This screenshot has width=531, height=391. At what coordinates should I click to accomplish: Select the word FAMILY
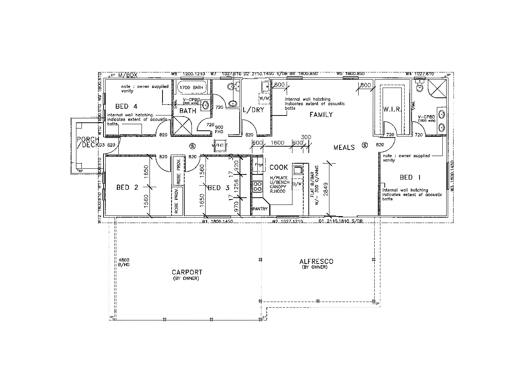(321, 115)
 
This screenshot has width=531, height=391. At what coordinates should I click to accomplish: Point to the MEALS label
(344, 147)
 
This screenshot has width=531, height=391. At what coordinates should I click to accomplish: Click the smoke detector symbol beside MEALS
(365, 146)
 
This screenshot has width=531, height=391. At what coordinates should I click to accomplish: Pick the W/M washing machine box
(264, 98)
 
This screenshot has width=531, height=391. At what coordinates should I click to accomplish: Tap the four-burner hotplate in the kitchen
(257, 187)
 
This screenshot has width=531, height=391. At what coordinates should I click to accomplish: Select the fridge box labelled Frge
(258, 164)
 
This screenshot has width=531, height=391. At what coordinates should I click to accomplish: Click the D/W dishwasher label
(297, 184)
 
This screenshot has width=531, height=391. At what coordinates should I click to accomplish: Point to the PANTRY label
(260, 209)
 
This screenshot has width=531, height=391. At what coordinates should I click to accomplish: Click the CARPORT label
(187, 272)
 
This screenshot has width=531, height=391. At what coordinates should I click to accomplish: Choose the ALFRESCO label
(316, 261)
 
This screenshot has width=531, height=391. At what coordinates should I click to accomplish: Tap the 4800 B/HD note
(124, 262)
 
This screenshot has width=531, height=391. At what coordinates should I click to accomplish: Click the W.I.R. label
(392, 109)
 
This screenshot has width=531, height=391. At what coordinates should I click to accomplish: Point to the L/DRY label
(253, 110)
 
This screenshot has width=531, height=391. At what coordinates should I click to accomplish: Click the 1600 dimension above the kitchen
(277, 143)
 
